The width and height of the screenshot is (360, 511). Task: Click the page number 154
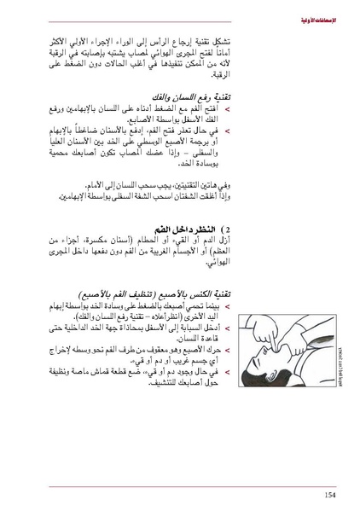pos(328,494)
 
